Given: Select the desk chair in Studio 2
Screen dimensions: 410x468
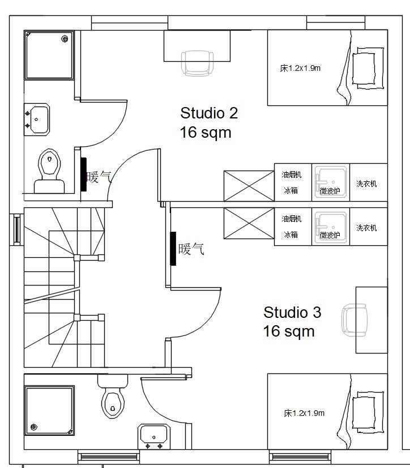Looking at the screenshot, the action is [197, 63].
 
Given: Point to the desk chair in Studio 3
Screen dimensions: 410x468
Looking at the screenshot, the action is [355, 320].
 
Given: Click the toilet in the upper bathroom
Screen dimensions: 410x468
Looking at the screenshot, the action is [49, 171].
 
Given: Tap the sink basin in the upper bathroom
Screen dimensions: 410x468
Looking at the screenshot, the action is [37, 120].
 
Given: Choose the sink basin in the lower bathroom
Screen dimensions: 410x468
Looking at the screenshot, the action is [153, 437].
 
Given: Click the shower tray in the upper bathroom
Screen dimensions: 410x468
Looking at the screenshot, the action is [49, 55].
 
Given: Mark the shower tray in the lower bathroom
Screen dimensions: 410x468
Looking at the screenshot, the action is [49, 410].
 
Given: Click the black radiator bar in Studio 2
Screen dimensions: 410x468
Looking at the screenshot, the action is [84, 175].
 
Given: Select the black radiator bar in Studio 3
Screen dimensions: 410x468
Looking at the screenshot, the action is [173, 248].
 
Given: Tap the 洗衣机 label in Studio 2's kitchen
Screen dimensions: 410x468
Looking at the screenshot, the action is [366, 184].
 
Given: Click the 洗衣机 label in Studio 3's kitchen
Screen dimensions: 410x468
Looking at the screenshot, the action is [366, 228].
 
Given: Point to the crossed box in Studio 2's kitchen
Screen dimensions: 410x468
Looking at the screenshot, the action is [249, 186].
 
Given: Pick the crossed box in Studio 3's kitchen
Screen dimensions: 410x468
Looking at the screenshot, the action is [249, 223].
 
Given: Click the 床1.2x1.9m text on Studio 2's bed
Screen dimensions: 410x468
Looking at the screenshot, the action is [300, 68].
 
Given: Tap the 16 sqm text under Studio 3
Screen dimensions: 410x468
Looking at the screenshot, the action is [289, 331].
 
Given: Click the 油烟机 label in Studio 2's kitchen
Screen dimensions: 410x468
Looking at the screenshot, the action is [292, 175].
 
